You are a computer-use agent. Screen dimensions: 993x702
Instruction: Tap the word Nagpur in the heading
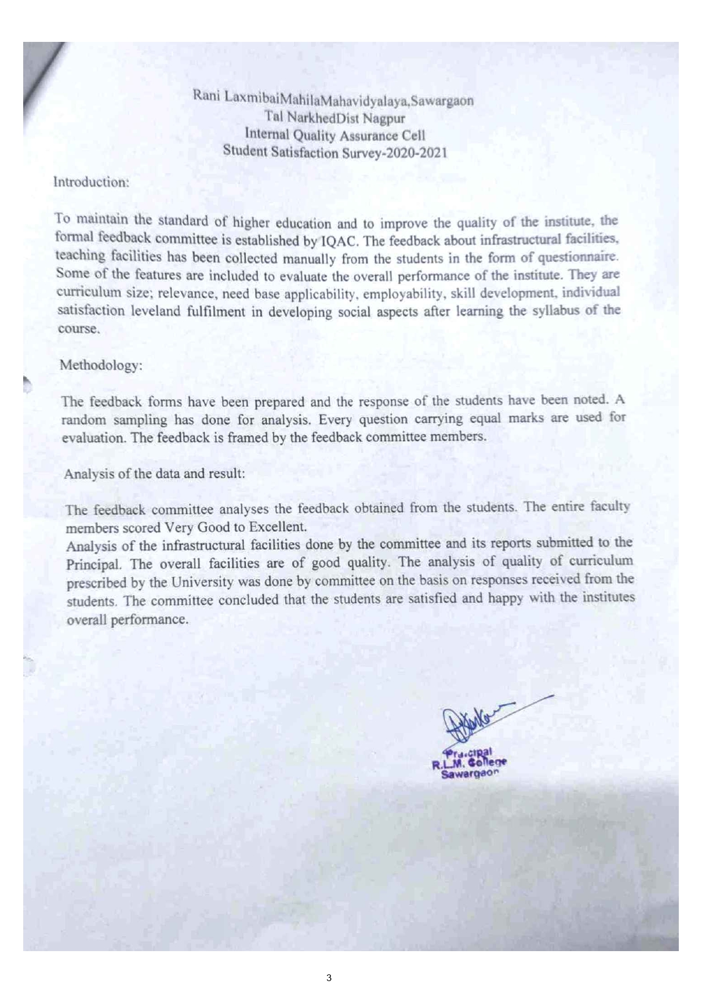(384, 118)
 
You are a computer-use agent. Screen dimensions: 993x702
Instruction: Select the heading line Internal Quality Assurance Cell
(335, 135)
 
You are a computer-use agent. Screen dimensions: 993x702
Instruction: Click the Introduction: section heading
(91, 182)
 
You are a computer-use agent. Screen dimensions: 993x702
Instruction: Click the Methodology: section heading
(101, 365)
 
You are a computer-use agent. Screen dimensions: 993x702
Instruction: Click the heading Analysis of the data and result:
(154, 473)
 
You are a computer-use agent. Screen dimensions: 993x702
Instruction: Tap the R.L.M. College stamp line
(470, 763)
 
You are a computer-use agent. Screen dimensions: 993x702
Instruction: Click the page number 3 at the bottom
(329, 977)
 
